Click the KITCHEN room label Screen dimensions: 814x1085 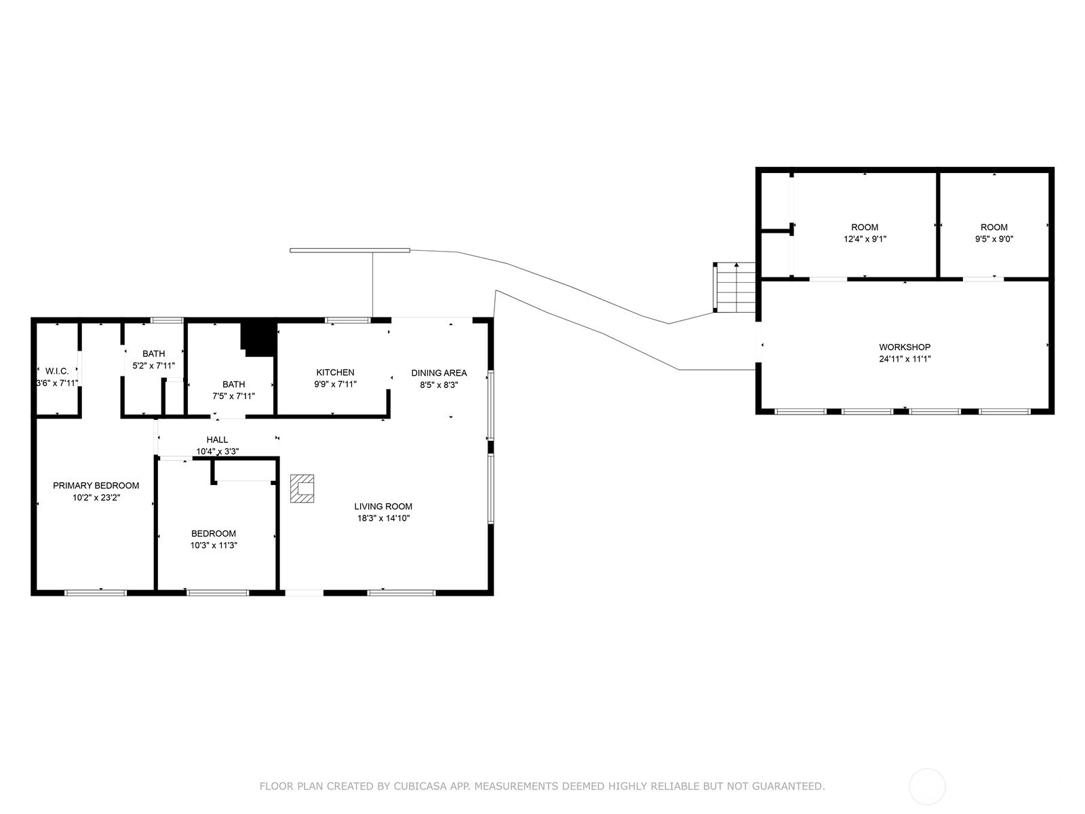(x=335, y=372)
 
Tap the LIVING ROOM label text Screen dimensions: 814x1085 (x=383, y=506)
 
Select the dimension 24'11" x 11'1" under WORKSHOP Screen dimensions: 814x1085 (x=905, y=359)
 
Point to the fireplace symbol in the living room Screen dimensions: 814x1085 (x=302, y=488)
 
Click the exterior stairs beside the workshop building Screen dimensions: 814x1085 (x=734, y=288)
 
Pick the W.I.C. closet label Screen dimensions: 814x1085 (x=57, y=371)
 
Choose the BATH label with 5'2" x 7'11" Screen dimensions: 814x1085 (x=153, y=353)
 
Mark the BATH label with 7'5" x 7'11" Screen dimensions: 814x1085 (x=233, y=384)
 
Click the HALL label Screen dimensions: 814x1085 (x=217, y=440)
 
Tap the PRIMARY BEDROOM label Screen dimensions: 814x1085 (x=96, y=485)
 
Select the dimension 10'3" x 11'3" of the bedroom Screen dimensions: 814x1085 (x=214, y=545)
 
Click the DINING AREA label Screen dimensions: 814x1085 (x=439, y=372)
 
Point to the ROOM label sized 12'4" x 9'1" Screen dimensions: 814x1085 (x=865, y=227)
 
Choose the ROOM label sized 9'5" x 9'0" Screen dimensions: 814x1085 (x=994, y=227)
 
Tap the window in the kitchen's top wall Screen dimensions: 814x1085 (x=347, y=320)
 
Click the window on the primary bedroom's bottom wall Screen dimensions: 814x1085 (x=96, y=593)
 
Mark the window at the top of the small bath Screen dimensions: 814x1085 (x=167, y=320)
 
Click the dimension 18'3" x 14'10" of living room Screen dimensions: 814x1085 (x=383, y=518)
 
